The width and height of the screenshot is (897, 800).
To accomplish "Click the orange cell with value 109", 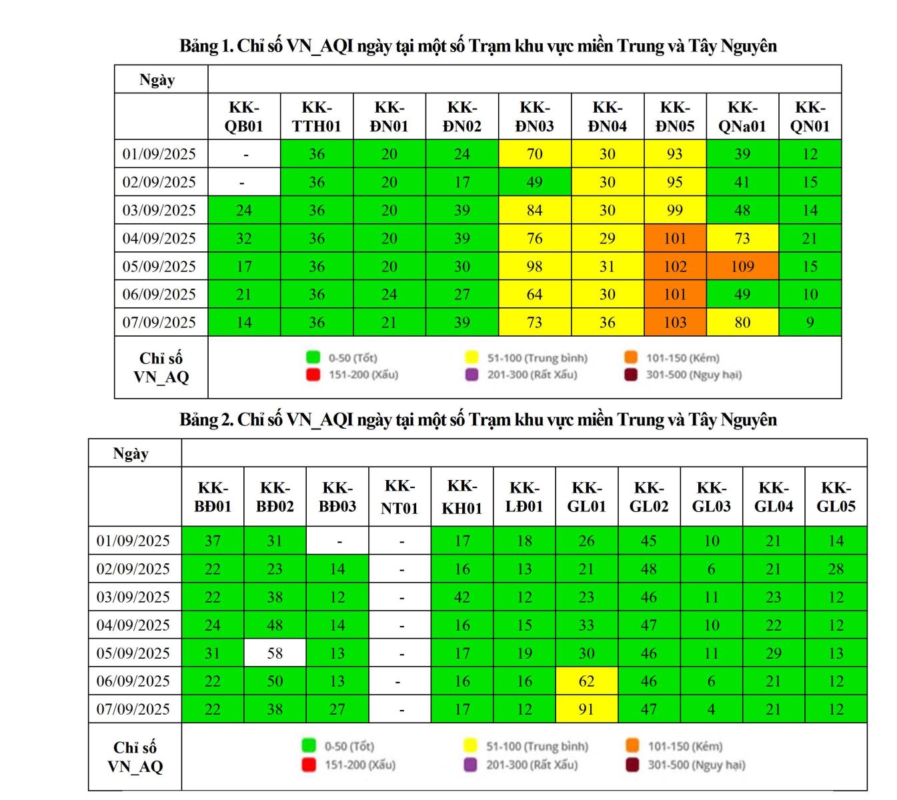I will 742,267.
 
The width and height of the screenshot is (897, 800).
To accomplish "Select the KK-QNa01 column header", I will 742,117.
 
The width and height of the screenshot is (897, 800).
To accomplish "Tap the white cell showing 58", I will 275,653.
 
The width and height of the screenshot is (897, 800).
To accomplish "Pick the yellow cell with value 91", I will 586,709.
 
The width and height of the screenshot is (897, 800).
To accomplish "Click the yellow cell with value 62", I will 586,681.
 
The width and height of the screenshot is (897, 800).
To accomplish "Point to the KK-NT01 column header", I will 399,497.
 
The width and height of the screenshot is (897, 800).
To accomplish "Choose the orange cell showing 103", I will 675,323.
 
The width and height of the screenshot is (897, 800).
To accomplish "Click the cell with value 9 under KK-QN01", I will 810,323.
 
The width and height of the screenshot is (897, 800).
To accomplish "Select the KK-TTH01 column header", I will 317,117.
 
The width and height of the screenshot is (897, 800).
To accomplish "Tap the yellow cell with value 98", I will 534,267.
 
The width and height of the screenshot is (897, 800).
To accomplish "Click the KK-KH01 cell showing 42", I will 462,597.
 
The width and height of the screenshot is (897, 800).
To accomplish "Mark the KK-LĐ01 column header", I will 524,497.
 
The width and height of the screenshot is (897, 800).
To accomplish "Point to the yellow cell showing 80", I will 742,323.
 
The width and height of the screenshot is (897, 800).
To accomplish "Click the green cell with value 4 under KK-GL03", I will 712,709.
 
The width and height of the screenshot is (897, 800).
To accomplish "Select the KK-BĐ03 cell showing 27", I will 337,709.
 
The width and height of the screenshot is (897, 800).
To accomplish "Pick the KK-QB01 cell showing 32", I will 244,239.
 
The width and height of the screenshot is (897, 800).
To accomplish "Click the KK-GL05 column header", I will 836,497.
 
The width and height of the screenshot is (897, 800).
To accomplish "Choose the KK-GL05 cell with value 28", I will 836,569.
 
